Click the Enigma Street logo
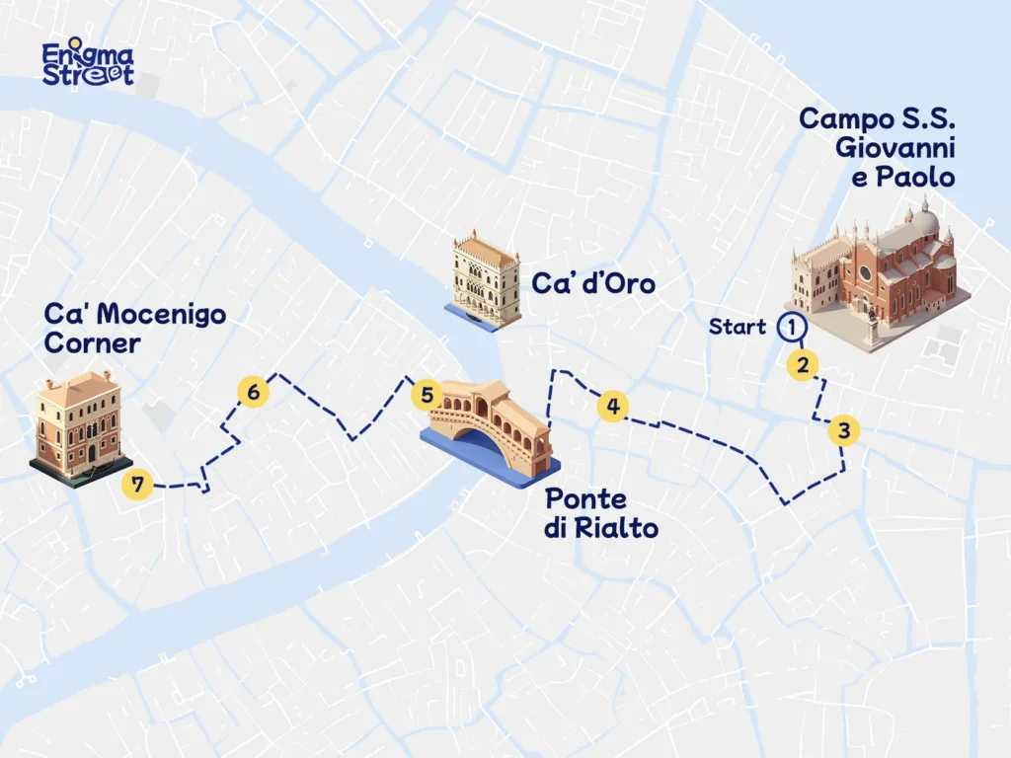click(x=88, y=64)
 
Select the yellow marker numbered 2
click(x=804, y=365)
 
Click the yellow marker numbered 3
click(x=843, y=430)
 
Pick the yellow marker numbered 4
click(x=613, y=406)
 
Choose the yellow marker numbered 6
click(x=254, y=392)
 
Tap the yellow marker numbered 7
click(x=137, y=484)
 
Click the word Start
click(x=738, y=328)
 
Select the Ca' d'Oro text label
click(x=593, y=284)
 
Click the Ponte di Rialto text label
click(x=600, y=513)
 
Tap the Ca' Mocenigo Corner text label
click(x=134, y=329)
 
